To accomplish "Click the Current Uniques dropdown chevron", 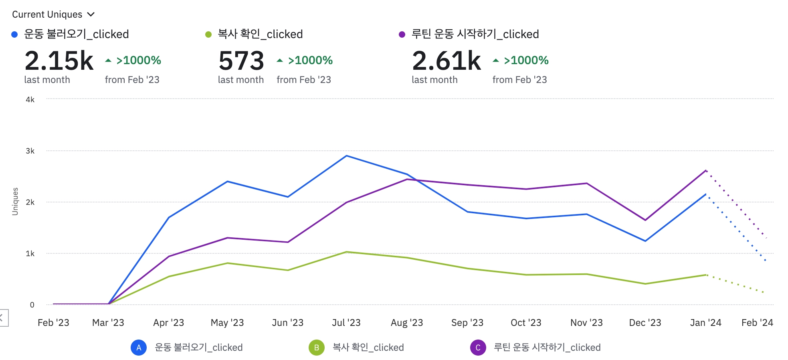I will pos(91,14).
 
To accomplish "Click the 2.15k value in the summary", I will pos(59,61).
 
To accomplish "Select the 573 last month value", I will pos(241,61).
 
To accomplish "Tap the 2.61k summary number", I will pos(447,61).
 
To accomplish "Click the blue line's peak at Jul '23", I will pos(347,156).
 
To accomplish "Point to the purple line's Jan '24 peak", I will pos(706,170).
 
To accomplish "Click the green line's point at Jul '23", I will pos(347,252).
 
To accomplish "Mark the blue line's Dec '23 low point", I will pos(645,241).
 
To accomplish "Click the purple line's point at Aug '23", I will pos(407,179).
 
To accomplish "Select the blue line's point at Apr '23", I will pos(169,218).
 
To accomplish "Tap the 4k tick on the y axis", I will pos(30,100).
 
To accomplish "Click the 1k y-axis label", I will pos(30,254).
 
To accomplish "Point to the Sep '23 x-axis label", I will pos(467,323).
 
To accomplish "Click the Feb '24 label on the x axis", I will pos(757,323).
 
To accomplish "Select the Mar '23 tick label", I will pos(108,323).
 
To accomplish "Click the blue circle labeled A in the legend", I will pos(139,348).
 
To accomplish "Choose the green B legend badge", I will pos(316,348).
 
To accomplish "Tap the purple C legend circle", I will pos(478,348).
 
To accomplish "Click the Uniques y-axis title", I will pos(15,201).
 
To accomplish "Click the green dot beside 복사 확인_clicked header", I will pos(208,34).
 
